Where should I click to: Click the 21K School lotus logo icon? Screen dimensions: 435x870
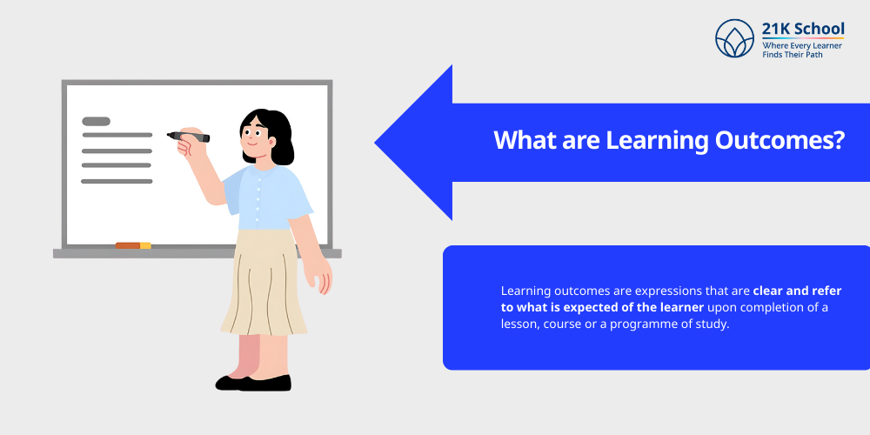(734, 38)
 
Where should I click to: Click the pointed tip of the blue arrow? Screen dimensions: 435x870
(377, 143)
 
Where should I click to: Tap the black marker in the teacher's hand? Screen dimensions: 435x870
(189, 137)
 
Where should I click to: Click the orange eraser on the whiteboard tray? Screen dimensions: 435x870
(132, 245)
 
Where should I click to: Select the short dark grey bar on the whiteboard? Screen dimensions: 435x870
(96, 121)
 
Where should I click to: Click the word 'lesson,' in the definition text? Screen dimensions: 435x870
(522, 323)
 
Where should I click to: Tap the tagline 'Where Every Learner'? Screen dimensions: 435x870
(802, 45)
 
